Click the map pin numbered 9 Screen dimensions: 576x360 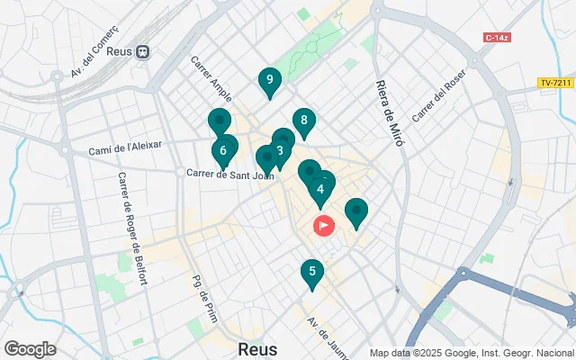269,81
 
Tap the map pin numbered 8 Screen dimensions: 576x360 304,121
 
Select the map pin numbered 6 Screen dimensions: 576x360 223,150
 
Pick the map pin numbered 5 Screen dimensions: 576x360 311,272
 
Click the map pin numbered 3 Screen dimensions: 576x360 281,150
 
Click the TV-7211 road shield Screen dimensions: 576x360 557,83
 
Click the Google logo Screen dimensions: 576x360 30,349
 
